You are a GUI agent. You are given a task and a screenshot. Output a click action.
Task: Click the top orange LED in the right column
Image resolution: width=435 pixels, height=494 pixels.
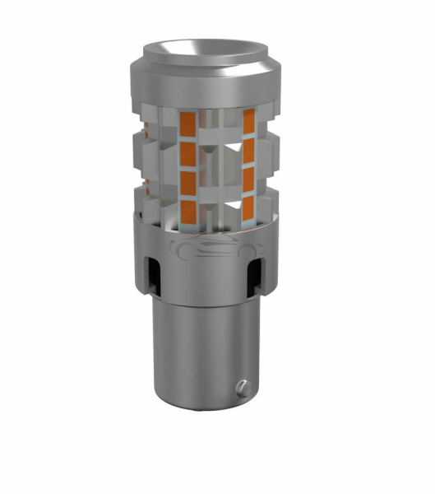[x=248, y=121]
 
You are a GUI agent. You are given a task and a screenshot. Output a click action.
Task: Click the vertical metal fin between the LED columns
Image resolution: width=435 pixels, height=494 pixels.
[x=217, y=165]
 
